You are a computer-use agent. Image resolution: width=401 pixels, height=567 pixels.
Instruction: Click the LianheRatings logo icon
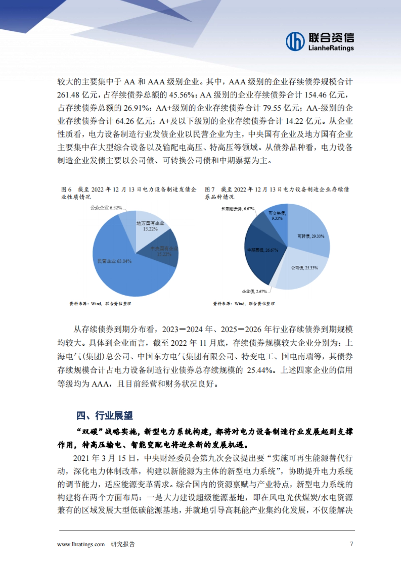295,41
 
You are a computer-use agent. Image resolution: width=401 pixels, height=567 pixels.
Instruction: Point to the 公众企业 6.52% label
106,208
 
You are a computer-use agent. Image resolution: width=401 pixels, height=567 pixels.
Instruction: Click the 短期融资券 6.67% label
238,209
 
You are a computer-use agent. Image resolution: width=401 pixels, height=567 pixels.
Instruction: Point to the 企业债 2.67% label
254,292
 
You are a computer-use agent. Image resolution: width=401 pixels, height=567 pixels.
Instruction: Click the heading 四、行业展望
105,415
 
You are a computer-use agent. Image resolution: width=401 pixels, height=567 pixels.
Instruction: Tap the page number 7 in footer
351,544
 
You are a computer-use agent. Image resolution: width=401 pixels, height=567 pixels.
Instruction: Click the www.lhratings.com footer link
81,544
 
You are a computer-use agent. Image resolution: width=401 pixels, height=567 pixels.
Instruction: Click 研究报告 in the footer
123,544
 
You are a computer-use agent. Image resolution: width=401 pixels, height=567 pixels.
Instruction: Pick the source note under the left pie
100,304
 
